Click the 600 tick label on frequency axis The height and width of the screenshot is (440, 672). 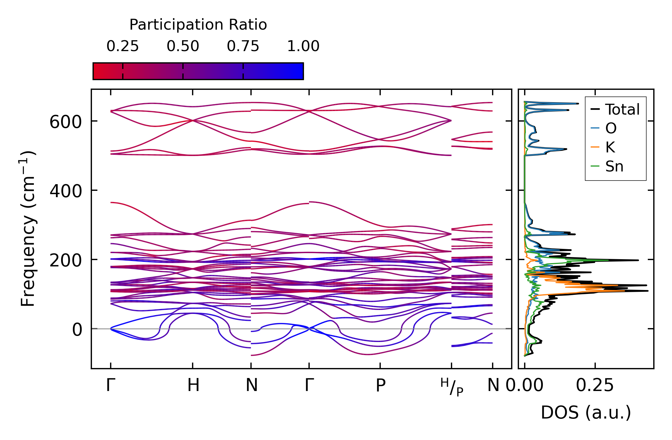coord(66,122)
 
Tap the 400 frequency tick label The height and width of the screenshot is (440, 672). coord(66,191)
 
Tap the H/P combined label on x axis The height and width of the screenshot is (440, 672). coord(452,387)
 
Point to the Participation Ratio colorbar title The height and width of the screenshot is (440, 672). coord(198,25)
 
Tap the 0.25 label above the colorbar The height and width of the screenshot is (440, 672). coord(122,46)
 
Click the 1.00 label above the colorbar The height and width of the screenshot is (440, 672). coord(303,46)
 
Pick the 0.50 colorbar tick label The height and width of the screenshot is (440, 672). coord(183,46)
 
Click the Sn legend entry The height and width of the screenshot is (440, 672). coord(614,166)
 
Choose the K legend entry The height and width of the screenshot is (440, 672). coord(610,147)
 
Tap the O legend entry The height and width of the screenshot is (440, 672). coord(611,128)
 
